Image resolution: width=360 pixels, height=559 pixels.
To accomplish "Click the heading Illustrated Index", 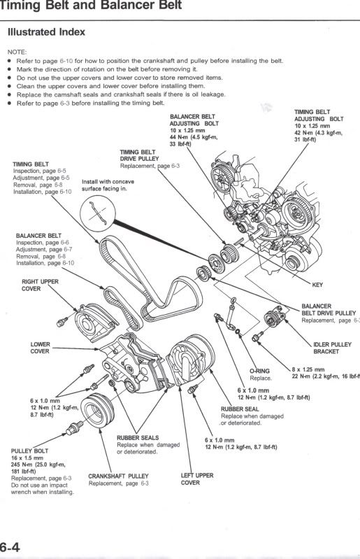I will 46,31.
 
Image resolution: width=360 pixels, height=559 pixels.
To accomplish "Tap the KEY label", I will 316,284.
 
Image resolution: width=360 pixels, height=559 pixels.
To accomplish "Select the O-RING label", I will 259,371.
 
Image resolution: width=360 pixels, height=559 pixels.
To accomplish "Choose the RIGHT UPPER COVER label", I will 40,285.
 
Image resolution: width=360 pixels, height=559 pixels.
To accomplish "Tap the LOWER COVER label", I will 40,348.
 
